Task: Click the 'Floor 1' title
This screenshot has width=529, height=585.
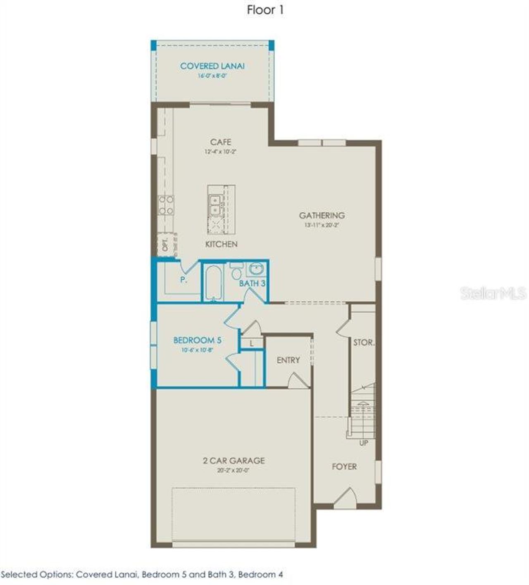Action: (265, 10)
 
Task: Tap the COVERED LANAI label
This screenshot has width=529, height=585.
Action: (212, 66)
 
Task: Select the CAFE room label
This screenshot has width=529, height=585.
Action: (221, 142)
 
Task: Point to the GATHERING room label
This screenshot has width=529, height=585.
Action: (322, 216)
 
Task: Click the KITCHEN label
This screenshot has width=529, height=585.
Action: (222, 244)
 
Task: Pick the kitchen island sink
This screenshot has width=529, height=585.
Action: (215, 205)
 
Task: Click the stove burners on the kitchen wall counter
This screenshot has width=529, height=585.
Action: (166, 205)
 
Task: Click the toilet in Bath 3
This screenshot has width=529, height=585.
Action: (236, 273)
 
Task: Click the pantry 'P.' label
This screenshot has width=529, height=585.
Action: (184, 280)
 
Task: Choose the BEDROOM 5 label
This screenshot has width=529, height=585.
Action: (197, 340)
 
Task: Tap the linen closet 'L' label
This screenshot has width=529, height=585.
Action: (252, 343)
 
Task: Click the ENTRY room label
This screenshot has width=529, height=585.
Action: (288, 360)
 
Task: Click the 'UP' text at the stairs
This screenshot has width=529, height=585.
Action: (364, 443)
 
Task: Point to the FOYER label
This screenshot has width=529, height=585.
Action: (344, 466)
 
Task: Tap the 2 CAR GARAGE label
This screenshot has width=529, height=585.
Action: (234, 461)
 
